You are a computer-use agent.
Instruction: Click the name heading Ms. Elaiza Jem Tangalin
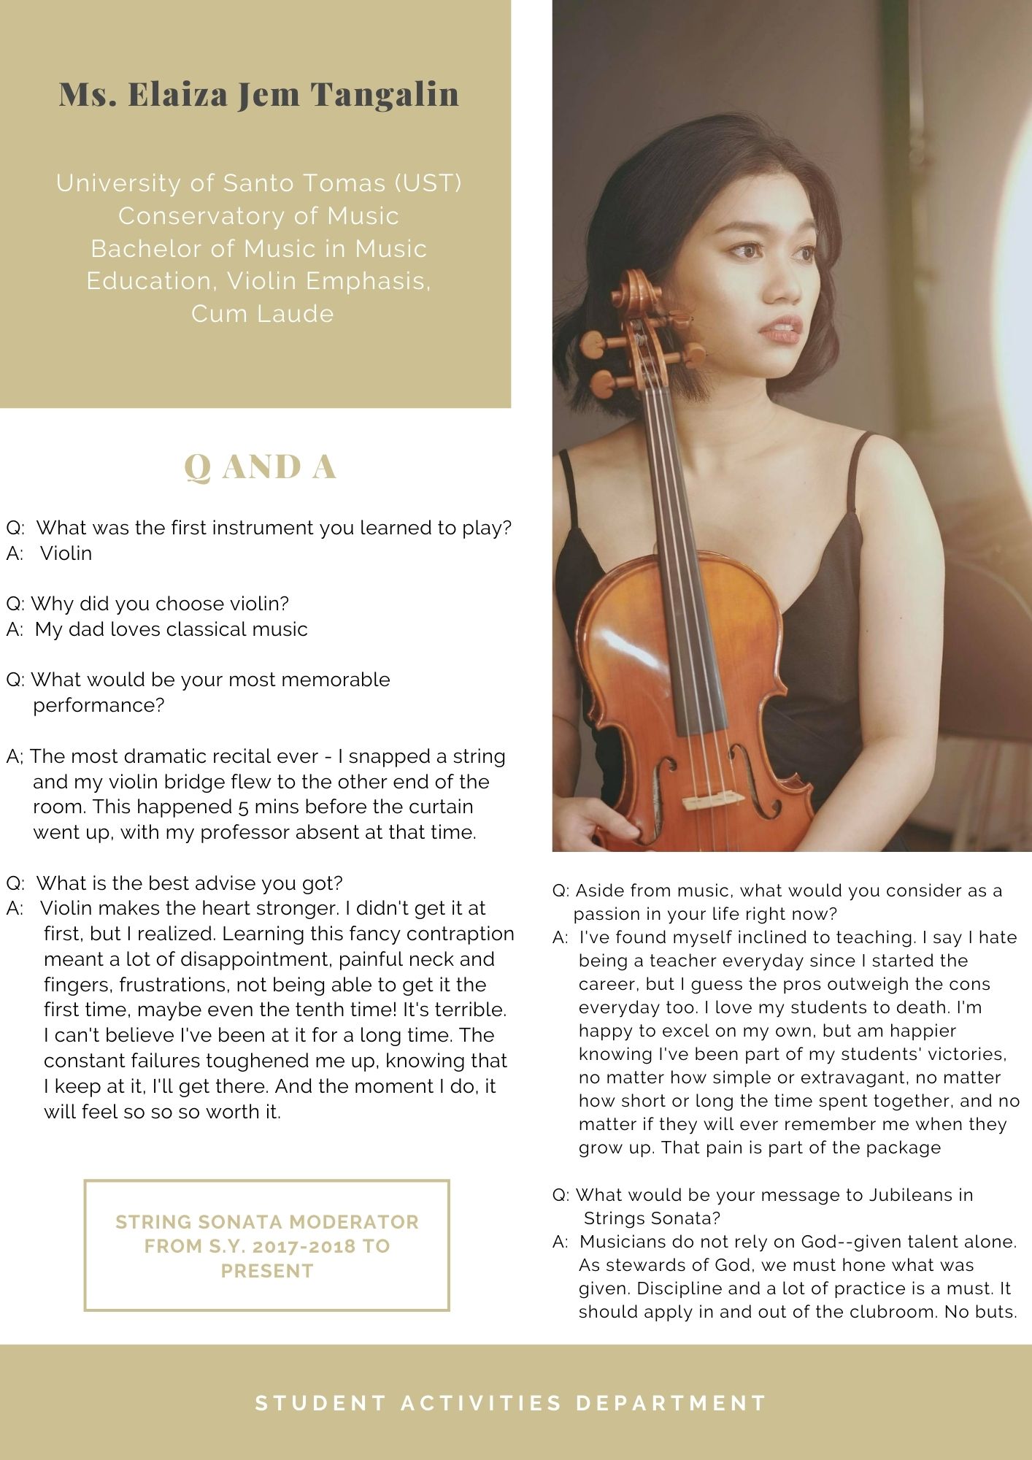click(259, 94)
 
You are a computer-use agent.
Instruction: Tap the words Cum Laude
click(263, 313)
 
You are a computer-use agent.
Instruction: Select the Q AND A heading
click(260, 467)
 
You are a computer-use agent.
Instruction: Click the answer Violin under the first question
click(66, 553)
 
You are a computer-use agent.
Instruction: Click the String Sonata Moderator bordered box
click(266, 1245)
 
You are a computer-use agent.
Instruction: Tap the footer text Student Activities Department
click(511, 1402)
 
